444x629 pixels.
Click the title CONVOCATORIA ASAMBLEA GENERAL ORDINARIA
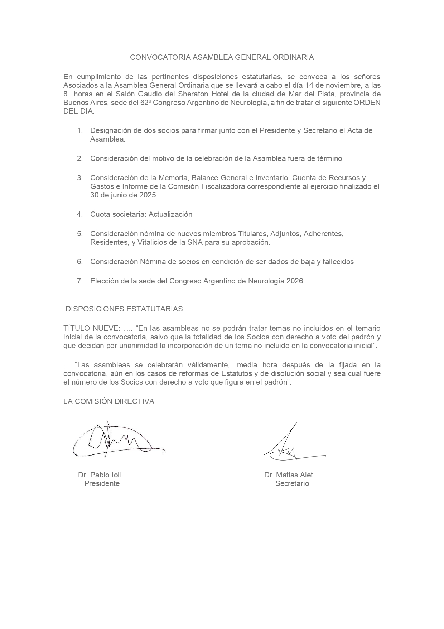tap(222, 57)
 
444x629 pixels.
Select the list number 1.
tap(80, 130)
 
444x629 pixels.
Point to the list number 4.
tap(79, 214)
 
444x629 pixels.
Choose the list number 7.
tap(79, 281)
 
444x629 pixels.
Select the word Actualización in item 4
tap(170, 214)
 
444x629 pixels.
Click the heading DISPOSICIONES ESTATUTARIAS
tap(124, 309)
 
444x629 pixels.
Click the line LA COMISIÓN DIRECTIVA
tap(109, 401)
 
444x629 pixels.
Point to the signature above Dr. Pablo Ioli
tap(115, 441)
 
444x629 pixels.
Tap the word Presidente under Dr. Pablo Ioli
tap(102, 484)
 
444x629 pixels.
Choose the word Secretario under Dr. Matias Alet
tap(292, 484)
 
